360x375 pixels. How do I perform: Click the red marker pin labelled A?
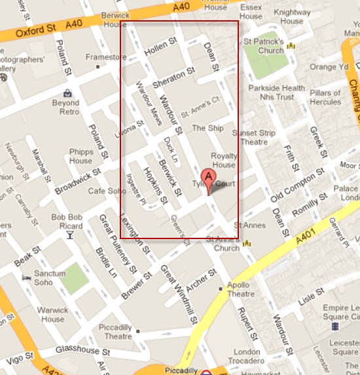coord(209,178)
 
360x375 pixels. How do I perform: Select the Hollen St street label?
coord(161,48)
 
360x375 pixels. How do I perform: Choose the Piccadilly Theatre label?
coord(118,331)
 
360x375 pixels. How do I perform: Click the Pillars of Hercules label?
coord(326,97)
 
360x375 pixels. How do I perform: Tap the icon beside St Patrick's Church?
coord(290,46)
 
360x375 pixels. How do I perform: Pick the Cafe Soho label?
coord(107,190)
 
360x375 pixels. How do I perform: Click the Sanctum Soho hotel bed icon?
coord(27,278)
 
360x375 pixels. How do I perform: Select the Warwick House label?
coord(52,315)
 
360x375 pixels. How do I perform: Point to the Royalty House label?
coord(223,160)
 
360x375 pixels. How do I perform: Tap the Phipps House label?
coord(81,156)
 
